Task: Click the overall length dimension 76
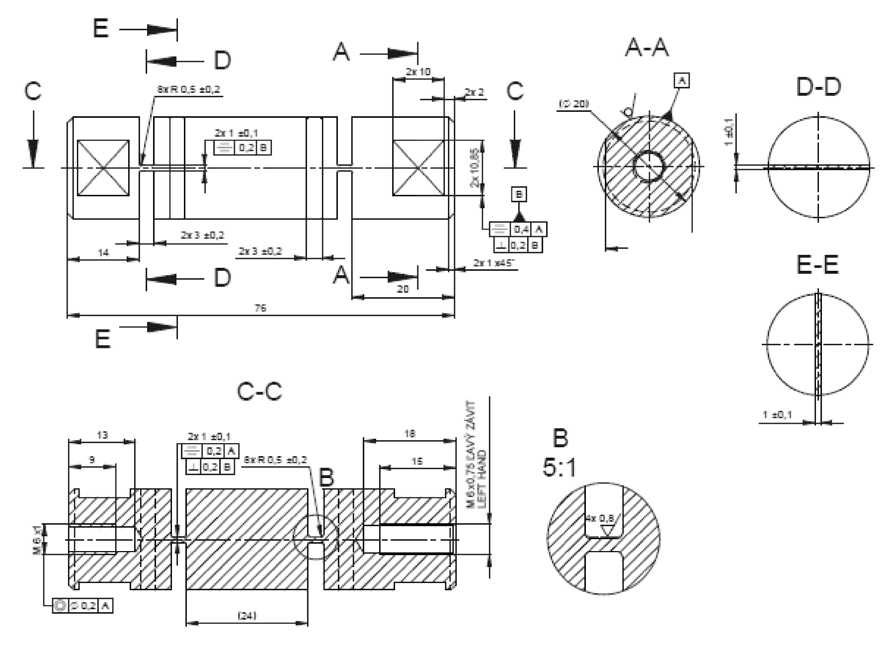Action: [260, 308]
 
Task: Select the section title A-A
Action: [646, 48]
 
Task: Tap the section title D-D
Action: [818, 87]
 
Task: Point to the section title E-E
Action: [817, 265]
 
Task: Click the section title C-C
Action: [259, 392]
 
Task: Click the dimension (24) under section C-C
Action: [247, 616]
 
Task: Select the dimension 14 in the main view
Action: [103, 252]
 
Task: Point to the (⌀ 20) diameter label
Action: [573, 103]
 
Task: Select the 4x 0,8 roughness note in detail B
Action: [600, 519]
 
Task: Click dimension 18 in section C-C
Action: [409, 434]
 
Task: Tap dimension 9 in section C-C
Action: [91, 460]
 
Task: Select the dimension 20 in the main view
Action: [403, 289]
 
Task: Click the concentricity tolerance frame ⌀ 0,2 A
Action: [82, 606]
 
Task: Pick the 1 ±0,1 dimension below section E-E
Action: [778, 414]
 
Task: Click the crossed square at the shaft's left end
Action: [103, 168]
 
